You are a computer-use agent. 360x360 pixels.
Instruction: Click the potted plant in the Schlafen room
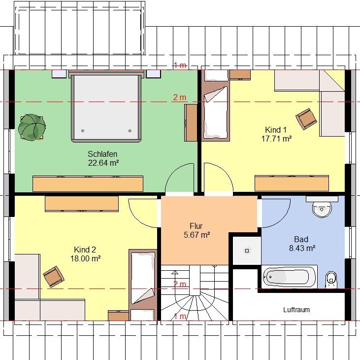[x=32, y=127]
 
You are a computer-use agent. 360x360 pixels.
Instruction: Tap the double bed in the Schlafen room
[x=106, y=107]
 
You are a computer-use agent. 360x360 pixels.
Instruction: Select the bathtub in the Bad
[x=289, y=277]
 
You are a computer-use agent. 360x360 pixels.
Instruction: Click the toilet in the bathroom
[x=331, y=280]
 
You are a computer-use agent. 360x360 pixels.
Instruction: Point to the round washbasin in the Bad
[x=322, y=209]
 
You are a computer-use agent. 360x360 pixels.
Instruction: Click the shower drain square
[x=247, y=251]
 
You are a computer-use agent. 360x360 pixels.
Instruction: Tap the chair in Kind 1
[x=306, y=119]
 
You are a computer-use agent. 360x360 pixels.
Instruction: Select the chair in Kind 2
[x=54, y=277]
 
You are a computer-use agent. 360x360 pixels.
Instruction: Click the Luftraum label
[x=296, y=310]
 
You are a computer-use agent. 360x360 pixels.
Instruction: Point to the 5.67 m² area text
[x=197, y=235]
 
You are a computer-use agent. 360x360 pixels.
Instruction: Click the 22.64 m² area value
[x=103, y=163]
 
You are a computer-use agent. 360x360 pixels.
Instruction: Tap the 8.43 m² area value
[x=302, y=248]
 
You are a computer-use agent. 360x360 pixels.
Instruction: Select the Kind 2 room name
[x=85, y=250]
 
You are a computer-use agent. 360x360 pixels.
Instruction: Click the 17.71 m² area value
[x=276, y=139]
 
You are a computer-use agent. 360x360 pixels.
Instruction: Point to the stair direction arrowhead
[x=175, y=273]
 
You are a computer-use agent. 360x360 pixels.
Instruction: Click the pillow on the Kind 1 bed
[x=216, y=94]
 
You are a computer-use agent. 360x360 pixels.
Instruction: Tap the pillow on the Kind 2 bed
[x=143, y=296]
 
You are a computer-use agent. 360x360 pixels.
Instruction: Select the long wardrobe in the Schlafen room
[x=88, y=183]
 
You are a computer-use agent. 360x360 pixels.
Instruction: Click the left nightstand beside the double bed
[x=59, y=74]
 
